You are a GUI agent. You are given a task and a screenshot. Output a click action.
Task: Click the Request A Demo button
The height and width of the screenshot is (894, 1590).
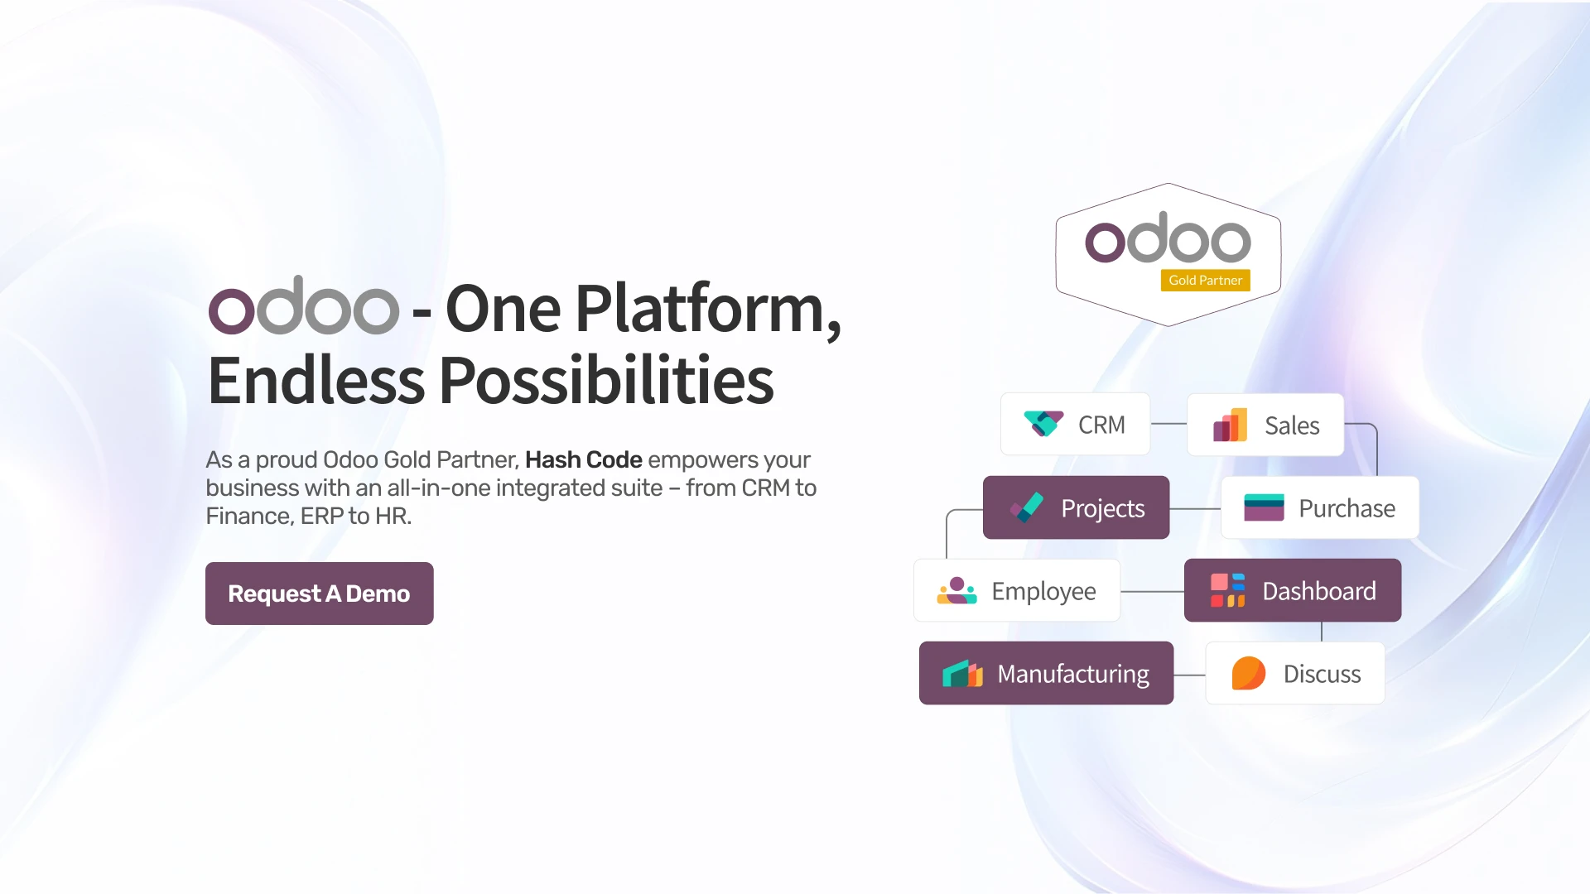click(319, 594)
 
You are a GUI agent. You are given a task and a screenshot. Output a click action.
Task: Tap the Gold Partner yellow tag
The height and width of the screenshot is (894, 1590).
click(1205, 281)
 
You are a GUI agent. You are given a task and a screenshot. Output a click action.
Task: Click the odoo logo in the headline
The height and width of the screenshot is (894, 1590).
click(303, 305)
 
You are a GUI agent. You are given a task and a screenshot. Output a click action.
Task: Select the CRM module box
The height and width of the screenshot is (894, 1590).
click(1075, 424)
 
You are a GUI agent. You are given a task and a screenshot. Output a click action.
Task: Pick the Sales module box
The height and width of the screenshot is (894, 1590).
click(1265, 425)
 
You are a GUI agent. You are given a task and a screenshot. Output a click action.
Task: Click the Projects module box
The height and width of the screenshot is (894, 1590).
click(1076, 507)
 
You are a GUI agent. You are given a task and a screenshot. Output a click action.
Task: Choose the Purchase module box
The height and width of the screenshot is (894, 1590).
click(1320, 507)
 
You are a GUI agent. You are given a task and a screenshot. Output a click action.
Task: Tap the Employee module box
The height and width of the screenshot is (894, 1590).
click(1017, 590)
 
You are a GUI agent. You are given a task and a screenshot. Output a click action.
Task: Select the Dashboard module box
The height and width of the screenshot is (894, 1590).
click(1293, 590)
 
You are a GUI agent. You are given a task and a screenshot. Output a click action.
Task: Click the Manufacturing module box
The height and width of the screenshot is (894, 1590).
click(1046, 673)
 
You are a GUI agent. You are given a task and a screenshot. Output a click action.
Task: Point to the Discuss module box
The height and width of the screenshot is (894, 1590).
click(1295, 673)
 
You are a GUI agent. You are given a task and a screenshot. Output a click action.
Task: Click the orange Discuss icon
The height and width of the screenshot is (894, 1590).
click(1248, 673)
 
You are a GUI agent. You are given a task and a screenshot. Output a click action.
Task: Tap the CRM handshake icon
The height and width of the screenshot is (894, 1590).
click(1043, 423)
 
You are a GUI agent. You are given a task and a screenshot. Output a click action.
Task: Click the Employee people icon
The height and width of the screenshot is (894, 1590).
click(957, 590)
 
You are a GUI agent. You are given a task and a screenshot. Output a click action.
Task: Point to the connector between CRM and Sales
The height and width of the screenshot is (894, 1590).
click(1168, 424)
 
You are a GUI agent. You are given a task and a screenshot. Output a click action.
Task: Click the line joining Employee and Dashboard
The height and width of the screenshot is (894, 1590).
click(1152, 591)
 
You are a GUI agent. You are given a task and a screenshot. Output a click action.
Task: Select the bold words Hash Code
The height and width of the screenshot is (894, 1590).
click(584, 459)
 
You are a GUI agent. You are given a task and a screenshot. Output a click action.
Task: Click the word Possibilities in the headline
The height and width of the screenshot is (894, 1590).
click(606, 380)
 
